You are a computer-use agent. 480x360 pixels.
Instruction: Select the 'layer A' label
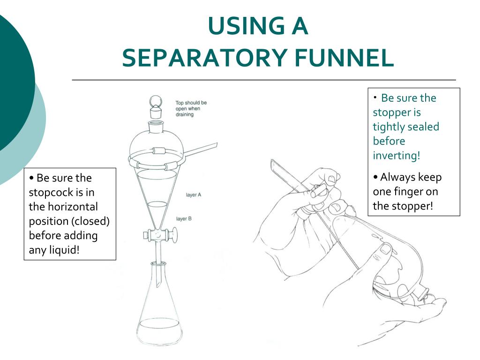pos(194,195)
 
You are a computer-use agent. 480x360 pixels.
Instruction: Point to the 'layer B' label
pos(184,218)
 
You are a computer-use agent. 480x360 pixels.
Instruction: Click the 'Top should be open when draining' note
pos(191,108)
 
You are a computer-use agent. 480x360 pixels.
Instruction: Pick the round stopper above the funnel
pos(155,106)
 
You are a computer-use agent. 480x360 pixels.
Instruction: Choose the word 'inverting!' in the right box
pos(397,156)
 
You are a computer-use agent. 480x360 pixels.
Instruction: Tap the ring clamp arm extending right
pos(202,149)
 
